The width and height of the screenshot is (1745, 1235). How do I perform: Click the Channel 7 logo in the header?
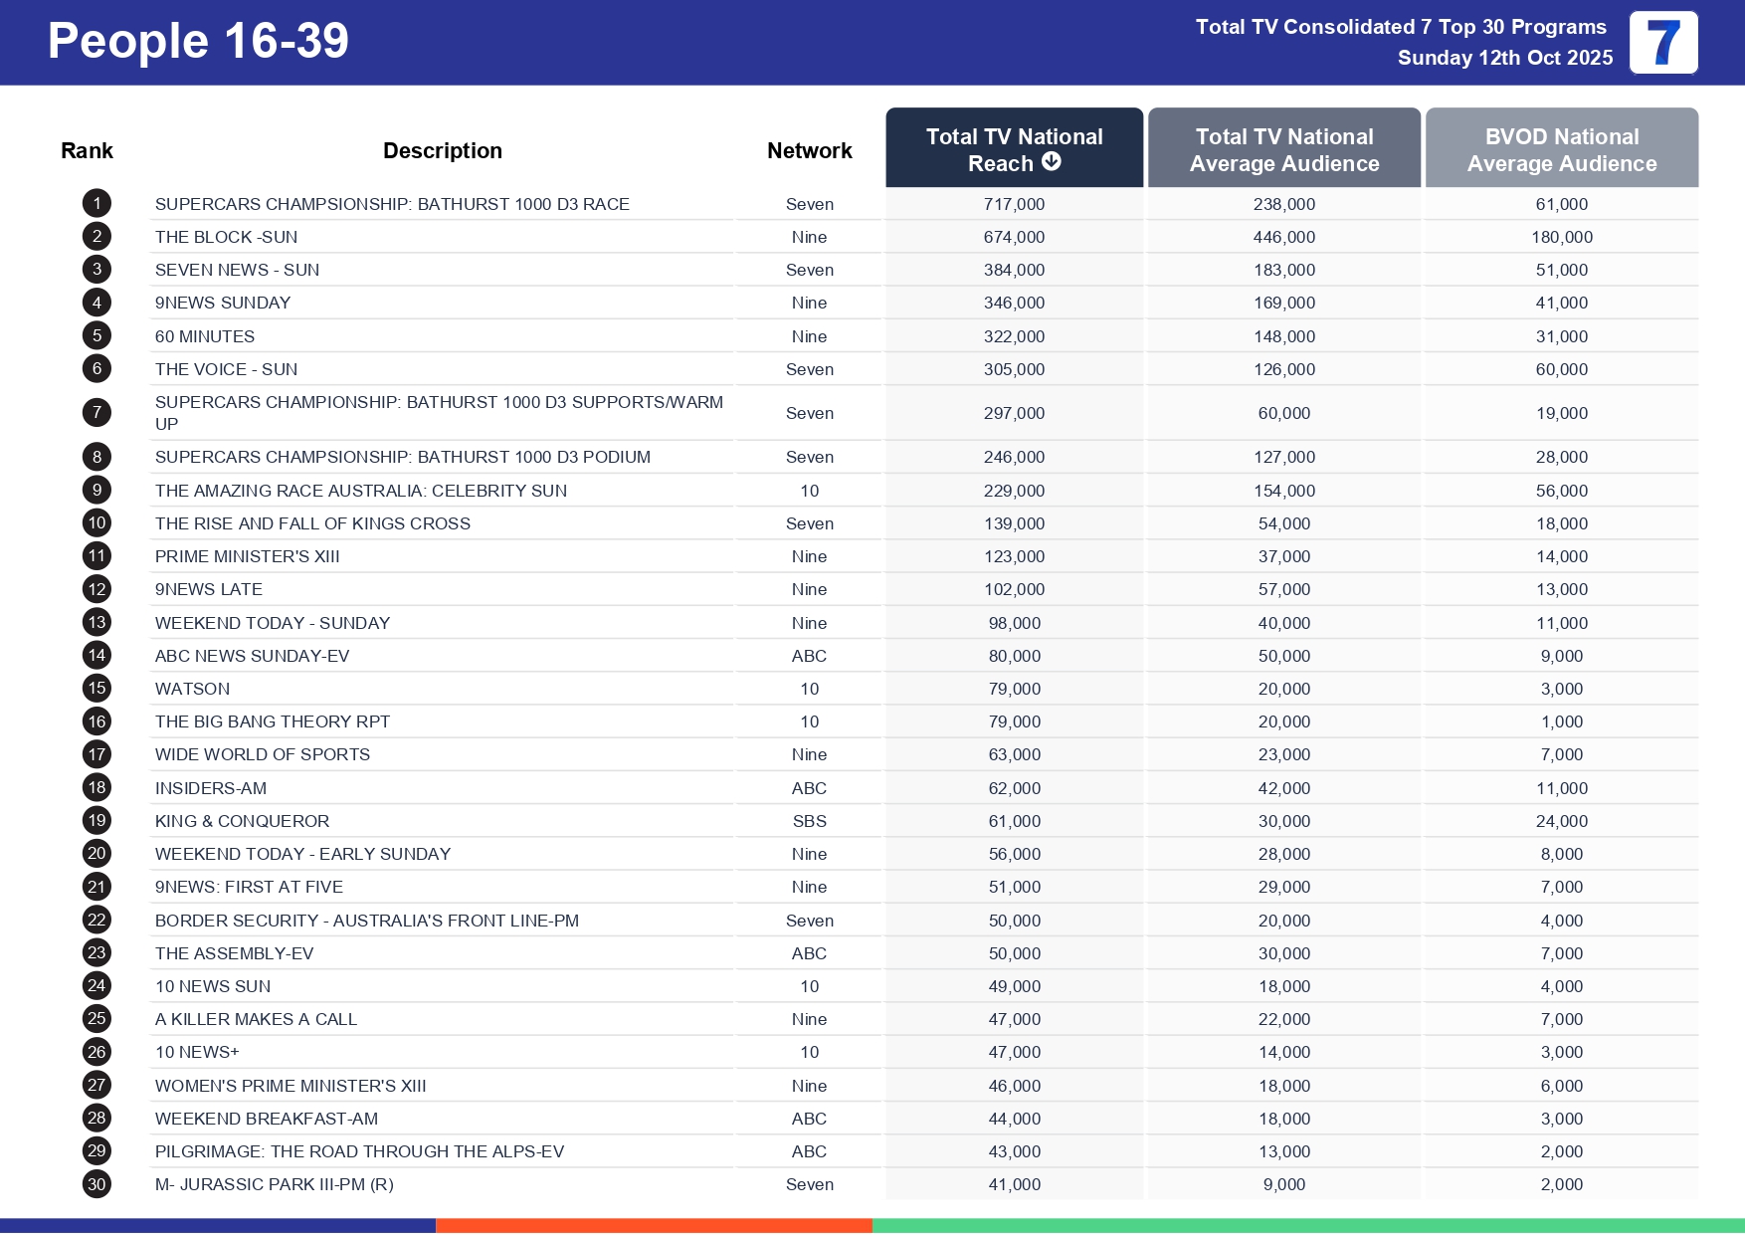[1662, 43]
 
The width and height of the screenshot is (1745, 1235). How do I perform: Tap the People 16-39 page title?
[198, 42]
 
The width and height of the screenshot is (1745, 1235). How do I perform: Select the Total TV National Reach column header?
[1014, 149]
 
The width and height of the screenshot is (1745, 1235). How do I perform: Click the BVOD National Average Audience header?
[1561, 149]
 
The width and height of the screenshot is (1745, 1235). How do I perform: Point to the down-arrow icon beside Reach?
[1052, 162]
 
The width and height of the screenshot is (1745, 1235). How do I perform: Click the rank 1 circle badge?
[97, 204]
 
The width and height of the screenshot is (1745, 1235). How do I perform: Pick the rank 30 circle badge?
[97, 1184]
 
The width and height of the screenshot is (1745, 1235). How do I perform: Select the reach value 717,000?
[1014, 204]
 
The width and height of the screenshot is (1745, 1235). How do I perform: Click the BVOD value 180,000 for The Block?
[1561, 237]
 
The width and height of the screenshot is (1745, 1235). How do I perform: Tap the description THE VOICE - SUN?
[226, 369]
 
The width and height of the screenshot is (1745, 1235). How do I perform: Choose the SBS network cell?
[809, 821]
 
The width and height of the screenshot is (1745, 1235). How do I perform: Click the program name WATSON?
[192, 689]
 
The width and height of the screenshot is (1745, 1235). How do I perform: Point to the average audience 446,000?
[1283, 237]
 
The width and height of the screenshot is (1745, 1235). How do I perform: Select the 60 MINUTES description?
[205, 336]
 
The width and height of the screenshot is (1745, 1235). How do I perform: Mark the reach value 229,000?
[1014, 491]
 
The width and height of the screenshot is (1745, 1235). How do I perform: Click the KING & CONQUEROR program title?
[242, 821]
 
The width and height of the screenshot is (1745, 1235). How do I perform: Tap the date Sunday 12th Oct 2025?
[1504, 58]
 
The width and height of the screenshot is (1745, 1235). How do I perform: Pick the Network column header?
[809, 150]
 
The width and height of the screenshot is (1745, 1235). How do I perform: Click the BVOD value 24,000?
[1561, 821]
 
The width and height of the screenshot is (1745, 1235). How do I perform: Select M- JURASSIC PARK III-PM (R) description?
[274, 1184]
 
